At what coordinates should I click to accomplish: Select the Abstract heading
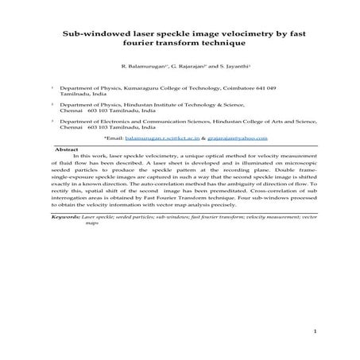pos(65,149)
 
